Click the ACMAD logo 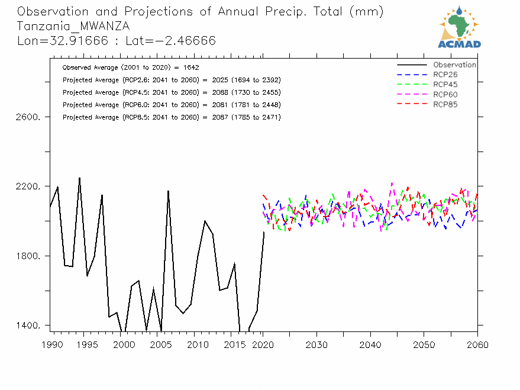(460, 27)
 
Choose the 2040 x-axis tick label (370, 344)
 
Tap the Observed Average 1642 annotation (131, 67)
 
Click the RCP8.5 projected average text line (172, 117)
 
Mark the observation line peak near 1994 (79, 178)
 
